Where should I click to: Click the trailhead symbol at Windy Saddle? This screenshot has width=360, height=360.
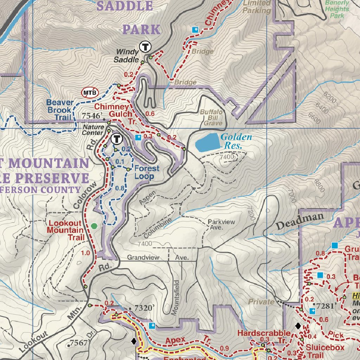pos(145,46)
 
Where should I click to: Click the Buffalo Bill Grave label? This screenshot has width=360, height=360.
pos(211,117)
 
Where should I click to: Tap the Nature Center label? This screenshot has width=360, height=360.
pos(93,130)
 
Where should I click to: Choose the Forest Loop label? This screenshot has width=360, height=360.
pos(147,172)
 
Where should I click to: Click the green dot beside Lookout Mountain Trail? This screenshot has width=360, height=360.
pos(94,226)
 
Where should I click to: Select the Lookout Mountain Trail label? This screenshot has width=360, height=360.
pos(66,230)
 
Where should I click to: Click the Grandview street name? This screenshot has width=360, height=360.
pos(143,258)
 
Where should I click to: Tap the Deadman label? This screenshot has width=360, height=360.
pos(300,221)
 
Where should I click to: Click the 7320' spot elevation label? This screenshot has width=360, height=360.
pos(144,308)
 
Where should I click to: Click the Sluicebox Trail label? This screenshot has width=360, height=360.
pos(325,351)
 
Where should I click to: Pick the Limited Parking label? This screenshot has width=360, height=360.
pos(257,7)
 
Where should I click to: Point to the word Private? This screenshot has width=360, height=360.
pos(261,302)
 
